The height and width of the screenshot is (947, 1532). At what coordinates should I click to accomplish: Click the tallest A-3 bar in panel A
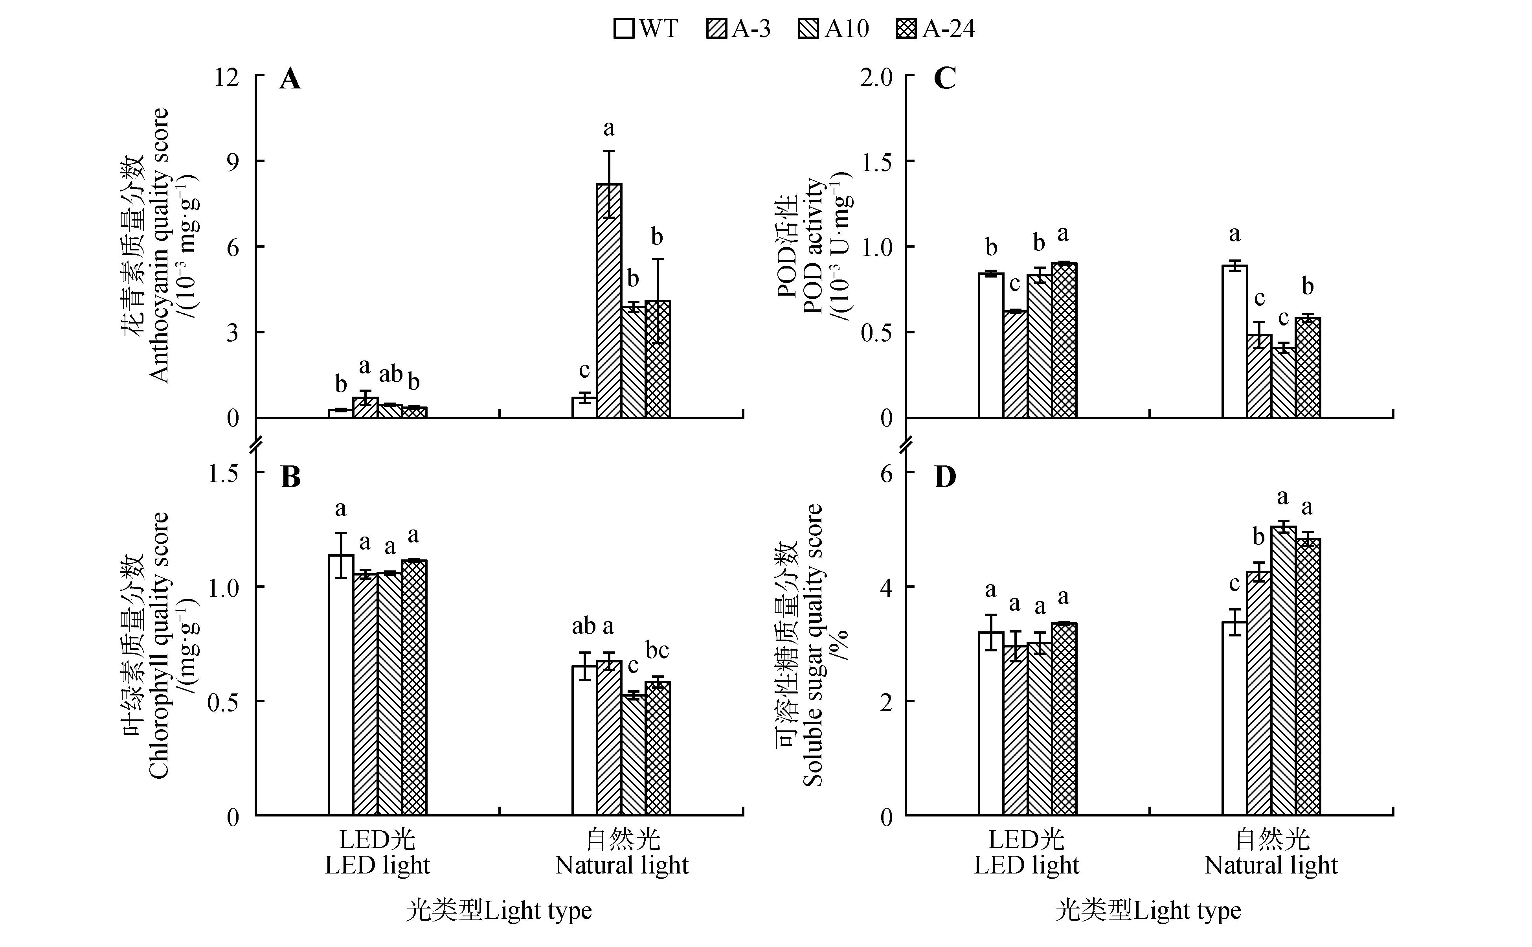click(608, 301)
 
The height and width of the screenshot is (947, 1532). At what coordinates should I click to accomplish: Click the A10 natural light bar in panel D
click(1283, 671)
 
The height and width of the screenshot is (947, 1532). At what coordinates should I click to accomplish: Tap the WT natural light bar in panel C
click(1234, 341)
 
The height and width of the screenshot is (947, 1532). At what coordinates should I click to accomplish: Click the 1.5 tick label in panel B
click(224, 473)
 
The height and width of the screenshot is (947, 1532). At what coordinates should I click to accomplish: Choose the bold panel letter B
click(290, 477)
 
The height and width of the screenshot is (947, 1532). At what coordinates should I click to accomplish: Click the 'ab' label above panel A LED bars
click(391, 374)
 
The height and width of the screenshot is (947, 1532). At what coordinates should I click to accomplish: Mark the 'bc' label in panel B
click(658, 650)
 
